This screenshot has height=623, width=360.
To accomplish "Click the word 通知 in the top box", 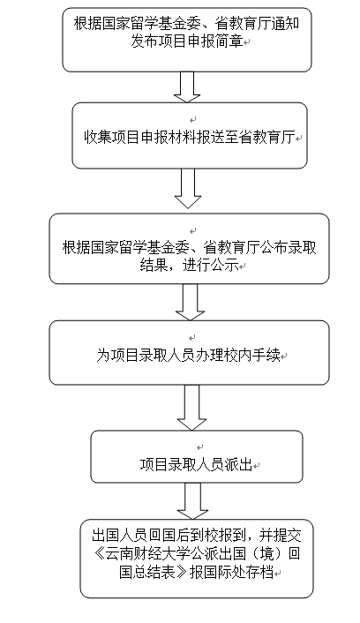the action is click(x=285, y=24).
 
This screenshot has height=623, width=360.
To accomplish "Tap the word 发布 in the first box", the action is click(x=145, y=41).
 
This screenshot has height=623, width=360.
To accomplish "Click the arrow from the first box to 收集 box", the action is click(x=187, y=87).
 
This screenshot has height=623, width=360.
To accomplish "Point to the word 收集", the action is click(x=97, y=138).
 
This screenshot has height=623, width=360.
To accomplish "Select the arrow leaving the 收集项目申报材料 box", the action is click(x=188, y=188).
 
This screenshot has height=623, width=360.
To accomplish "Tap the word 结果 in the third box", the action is click(x=154, y=265).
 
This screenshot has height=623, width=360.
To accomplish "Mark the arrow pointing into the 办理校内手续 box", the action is click(x=190, y=302).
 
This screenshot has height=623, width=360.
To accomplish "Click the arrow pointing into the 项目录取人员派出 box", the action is click(x=192, y=408).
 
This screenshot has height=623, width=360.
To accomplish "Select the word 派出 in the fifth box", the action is click(x=238, y=464).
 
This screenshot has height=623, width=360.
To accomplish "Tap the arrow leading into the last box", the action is click(x=192, y=501).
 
